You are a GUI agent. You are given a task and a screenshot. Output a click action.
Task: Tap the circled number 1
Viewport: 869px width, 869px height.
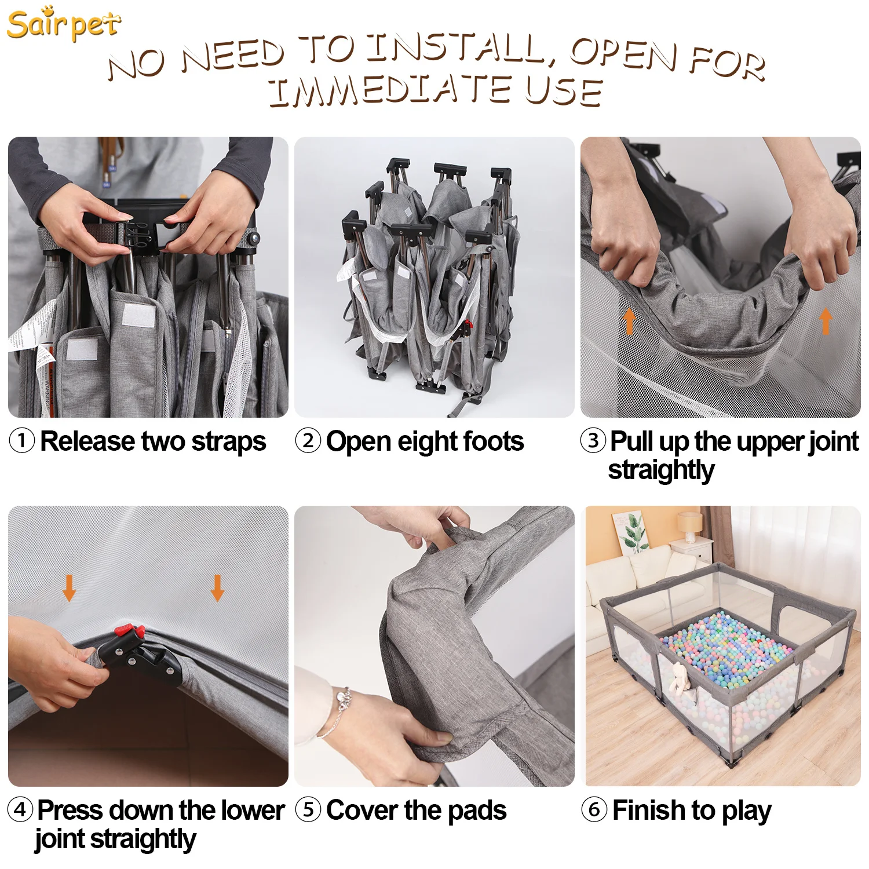click(x=22, y=441)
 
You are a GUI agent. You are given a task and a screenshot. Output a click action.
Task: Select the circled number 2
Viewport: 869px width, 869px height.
click(x=308, y=441)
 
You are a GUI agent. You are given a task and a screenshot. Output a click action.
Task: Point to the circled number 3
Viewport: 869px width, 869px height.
click(x=593, y=441)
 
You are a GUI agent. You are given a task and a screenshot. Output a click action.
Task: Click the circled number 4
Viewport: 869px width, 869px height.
click(x=20, y=809)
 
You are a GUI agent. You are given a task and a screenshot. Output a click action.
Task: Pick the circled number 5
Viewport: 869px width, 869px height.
click(x=308, y=809)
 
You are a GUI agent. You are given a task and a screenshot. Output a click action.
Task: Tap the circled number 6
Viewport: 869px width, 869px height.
click(x=594, y=809)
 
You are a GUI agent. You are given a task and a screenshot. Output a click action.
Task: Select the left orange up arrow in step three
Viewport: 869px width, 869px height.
click(x=630, y=321)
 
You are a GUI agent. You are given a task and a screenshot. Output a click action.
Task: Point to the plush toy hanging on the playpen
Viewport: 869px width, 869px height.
click(x=679, y=679)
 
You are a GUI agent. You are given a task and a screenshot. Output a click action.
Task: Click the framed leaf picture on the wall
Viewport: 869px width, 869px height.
click(x=630, y=532)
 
